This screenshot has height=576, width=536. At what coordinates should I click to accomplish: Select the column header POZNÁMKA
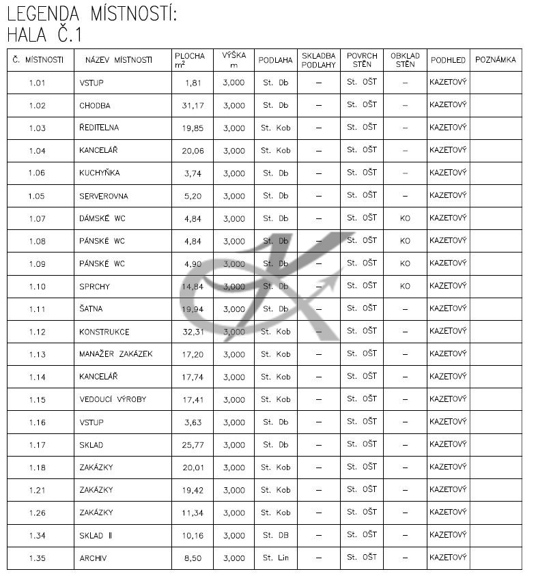click(495, 60)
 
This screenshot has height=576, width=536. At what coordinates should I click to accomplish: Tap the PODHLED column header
click(448, 60)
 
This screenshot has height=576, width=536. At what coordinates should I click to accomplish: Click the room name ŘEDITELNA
click(100, 128)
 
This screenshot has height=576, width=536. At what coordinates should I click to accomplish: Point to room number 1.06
click(37, 173)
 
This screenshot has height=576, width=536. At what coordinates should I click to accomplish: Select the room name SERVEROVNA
click(103, 197)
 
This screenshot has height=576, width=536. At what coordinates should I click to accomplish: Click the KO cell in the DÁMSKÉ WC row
click(405, 218)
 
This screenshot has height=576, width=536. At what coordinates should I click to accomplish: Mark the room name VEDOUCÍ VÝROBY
click(112, 399)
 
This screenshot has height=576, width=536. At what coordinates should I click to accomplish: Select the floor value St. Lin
click(275, 558)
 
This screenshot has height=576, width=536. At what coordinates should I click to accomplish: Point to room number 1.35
click(37, 558)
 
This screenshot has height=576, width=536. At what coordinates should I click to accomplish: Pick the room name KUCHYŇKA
click(99, 173)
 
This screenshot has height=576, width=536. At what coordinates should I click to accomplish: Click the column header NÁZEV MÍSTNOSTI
click(118, 60)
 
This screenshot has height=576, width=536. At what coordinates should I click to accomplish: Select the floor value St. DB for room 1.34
click(275, 536)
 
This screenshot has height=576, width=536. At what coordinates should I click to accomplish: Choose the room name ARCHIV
click(93, 558)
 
